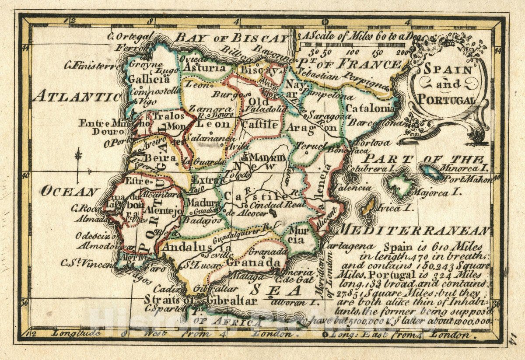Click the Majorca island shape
click(401, 184)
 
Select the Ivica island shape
click(369, 207)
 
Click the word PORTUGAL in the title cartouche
click(446, 99)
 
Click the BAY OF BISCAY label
click(232, 38)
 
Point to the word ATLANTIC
click(77, 95)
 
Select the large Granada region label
click(254, 262)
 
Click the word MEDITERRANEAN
click(414, 231)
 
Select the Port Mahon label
click(467, 179)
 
